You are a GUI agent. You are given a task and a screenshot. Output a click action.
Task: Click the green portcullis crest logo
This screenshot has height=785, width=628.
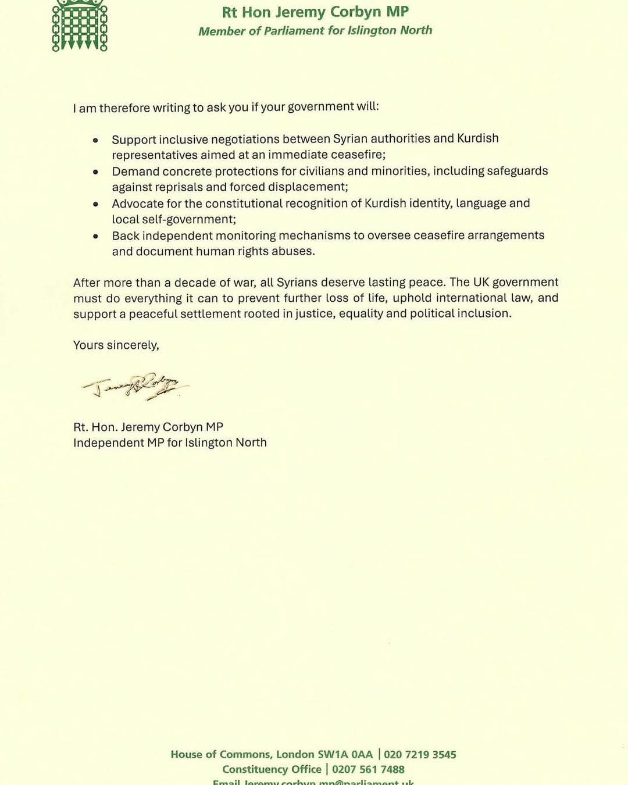80,26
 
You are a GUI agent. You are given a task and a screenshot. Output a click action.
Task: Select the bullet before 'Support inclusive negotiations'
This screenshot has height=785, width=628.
96,140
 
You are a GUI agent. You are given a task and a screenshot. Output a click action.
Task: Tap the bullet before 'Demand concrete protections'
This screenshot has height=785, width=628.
96,172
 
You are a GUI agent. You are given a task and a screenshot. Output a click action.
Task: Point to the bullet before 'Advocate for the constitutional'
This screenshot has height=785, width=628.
96,204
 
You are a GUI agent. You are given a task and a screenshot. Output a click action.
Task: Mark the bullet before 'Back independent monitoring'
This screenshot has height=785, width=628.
96,236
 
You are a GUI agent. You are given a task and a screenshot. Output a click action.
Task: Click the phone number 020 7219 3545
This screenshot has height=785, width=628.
420,755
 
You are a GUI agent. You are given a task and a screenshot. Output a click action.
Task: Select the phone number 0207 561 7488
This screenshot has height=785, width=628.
368,769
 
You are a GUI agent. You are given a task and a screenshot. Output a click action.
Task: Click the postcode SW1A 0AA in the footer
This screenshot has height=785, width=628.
345,755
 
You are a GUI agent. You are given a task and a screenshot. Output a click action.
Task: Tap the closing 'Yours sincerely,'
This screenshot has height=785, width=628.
116,345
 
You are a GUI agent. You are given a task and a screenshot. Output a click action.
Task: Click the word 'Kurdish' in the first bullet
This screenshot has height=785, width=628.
477,138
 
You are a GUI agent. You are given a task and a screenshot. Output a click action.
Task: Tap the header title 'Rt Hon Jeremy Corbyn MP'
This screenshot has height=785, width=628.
315,12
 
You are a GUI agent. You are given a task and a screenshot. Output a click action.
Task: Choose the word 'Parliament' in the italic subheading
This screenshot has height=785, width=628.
294,31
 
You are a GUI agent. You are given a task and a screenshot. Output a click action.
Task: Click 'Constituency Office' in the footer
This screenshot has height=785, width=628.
272,769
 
